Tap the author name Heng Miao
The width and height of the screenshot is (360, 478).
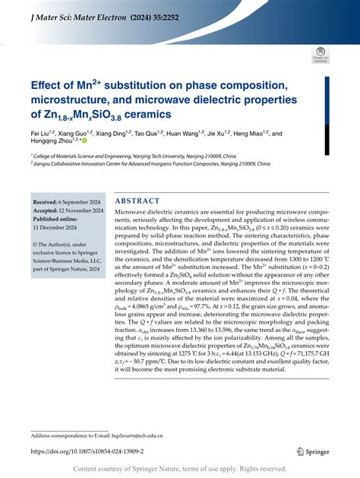249,131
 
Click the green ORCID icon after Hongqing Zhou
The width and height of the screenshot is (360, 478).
84,140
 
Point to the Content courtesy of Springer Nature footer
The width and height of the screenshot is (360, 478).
179,470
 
